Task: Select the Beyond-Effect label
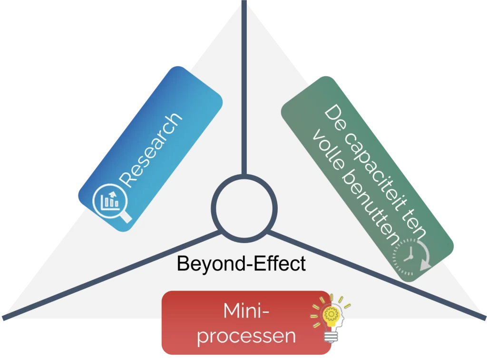(241, 263)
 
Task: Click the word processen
(246, 336)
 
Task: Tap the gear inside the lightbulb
(330, 313)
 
